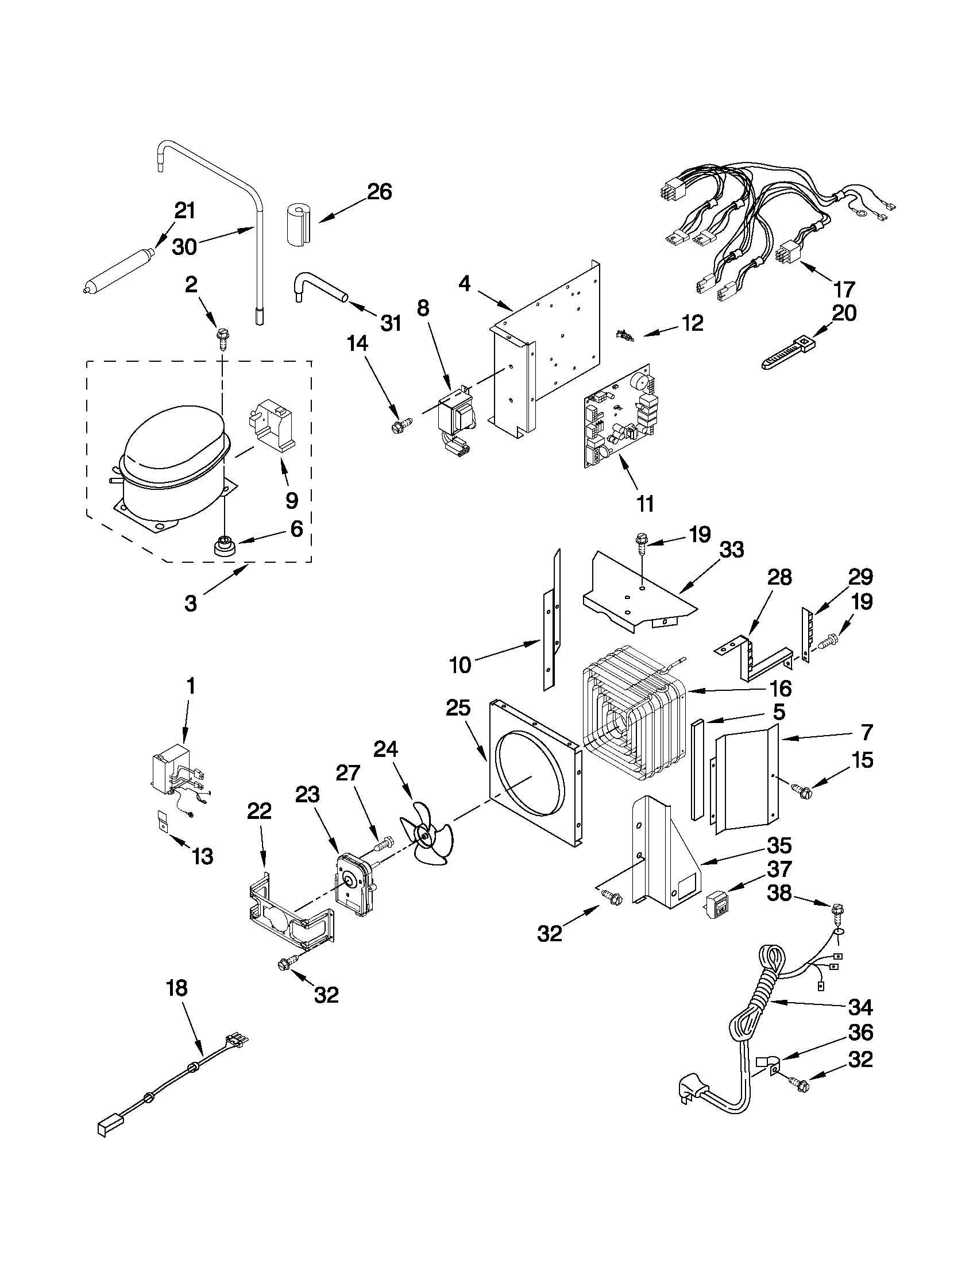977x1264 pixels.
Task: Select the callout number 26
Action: click(x=380, y=192)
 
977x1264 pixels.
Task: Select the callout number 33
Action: click(x=731, y=550)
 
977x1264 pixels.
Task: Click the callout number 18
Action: click(x=176, y=988)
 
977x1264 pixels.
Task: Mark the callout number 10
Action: click(x=460, y=666)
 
